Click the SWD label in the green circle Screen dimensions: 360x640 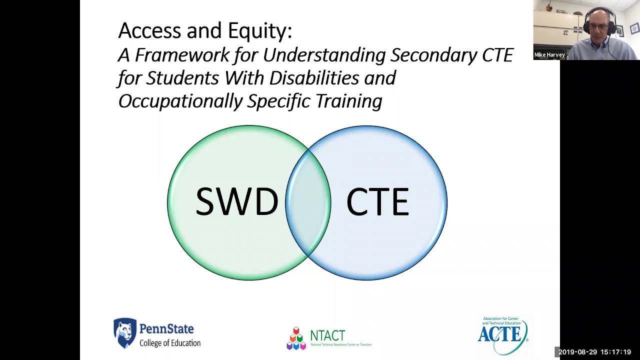coord(236,202)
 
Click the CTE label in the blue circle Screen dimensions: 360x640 coord(377,202)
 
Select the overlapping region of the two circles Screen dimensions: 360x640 coord(308,202)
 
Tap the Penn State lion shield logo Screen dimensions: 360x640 coord(124,332)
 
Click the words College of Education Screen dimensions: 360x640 coord(170,343)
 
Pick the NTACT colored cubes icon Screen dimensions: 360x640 coord(296,338)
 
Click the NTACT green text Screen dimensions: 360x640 coord(327,335)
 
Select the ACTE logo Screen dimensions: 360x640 coord(502,335)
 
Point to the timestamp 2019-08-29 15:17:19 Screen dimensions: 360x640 coord(594,352)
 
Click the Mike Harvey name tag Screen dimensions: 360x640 coord(549,55)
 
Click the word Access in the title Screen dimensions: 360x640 coord(149,31)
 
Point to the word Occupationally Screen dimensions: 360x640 coord(180,101)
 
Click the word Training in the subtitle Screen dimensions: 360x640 coord(348,101)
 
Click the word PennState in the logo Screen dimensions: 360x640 coord(166,329)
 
